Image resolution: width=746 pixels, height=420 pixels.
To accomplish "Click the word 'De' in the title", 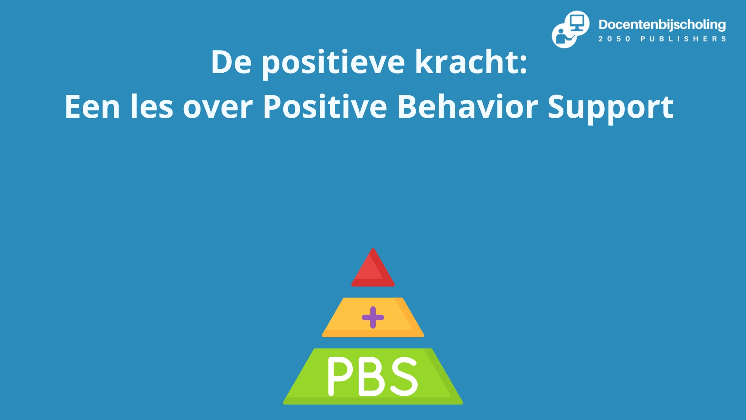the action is click(231, 62).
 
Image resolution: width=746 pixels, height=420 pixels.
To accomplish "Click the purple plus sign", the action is click(373, 317).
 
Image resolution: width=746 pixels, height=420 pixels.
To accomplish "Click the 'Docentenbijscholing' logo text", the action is click(662, 25).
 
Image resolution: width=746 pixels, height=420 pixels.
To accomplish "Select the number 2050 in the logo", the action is click(614, 39).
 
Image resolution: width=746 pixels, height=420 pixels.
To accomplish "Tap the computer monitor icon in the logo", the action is click(577, 22).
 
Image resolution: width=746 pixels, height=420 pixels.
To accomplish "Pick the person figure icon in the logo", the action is click(561, 36).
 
